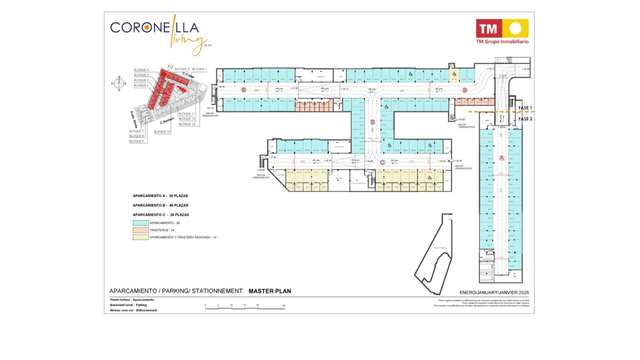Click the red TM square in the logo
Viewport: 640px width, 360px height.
[488, 29]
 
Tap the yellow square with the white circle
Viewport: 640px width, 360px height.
[515, 29]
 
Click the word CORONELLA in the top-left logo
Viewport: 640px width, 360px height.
[154, 27]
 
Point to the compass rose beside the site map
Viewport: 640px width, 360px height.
[119, 83]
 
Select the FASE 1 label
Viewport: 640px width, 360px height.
[525, 108]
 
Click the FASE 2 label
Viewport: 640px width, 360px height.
[525, 119]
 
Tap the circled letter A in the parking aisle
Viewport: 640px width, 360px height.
[502, 158]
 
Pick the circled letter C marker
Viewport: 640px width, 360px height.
[382, 162]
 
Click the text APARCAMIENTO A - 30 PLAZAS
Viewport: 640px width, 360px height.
[160, 196]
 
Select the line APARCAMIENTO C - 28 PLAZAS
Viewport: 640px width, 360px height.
[161, 215]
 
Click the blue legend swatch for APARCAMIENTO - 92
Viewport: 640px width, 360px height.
[141, 223]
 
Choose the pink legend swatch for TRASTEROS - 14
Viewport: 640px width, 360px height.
[141, 230]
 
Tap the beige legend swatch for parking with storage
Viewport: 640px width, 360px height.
[141, 237]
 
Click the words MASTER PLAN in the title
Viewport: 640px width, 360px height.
[270, 291]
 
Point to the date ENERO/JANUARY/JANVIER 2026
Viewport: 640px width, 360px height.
[494, 292]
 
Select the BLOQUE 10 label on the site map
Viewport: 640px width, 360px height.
[162, 132]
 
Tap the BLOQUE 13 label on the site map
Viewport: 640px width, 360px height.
[187, 124]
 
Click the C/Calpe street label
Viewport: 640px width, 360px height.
[188, 75]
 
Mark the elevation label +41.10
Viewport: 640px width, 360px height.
[210, 108]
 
